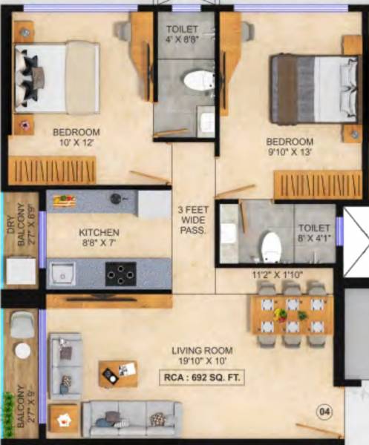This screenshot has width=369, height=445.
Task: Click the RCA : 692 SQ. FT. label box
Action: point(203,377)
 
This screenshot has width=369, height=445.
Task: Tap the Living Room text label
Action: point(203,351)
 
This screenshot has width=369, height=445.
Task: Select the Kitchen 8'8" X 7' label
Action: point(99,237)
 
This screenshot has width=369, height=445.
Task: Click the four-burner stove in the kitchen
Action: point(119,274)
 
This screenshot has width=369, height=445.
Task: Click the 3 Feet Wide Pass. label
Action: point(193,220)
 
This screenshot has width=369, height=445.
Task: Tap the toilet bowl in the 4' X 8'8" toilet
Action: point(197,80)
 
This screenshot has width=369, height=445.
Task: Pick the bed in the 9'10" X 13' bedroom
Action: point(305,89)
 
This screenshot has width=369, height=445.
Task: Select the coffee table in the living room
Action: point(118,373)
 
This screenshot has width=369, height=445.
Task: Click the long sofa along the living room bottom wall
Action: point(131,418)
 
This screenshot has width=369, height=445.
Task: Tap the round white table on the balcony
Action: point(23,350)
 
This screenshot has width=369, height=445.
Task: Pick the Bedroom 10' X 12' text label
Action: point(76,138)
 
